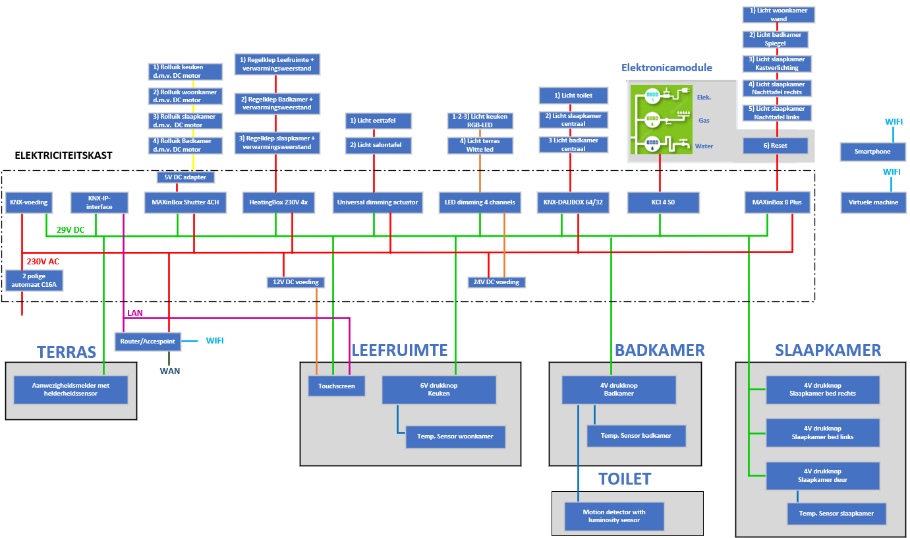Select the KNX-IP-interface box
(100, 202)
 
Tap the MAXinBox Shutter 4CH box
(185, 202)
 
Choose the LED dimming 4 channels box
(480, 202)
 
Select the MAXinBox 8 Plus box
(778, 202)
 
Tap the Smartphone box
(872, 152)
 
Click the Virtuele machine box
(872, 202)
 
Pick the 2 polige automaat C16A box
(36, 281)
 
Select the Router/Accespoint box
(147, 341)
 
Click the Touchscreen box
(337, 386)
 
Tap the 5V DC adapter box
(185, 177)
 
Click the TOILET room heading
(624, 479)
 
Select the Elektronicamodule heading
(666, 68)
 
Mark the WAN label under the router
(169, 371)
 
